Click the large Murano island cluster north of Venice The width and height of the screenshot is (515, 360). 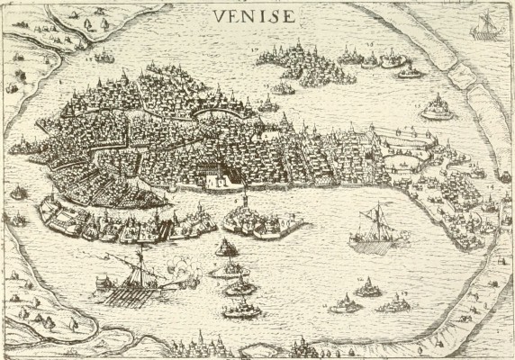(x=302, y=63)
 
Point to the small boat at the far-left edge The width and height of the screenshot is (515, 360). (x=16, y=192)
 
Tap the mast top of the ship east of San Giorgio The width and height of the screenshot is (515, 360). (x=377, y=205)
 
